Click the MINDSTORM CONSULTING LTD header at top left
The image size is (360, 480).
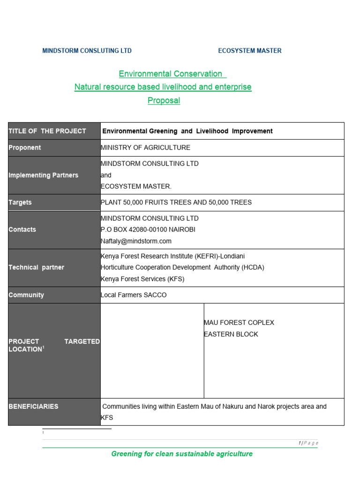pos(87,51)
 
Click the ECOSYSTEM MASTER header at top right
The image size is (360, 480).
pos(249,51)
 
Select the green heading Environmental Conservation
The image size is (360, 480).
pos(171,74)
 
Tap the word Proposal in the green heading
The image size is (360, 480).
pos(164,100)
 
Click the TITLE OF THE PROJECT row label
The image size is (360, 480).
pos(47,131)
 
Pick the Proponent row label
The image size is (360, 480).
pos(25,148)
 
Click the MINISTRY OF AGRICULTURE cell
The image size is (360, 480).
pos(146,148)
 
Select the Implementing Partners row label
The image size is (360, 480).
pos(44,175)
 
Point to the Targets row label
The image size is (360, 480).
pos(20,202)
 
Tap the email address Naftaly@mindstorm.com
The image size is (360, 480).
pos(136,241)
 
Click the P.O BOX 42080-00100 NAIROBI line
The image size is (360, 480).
pos(148,230)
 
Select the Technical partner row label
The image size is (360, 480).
pos(37,268)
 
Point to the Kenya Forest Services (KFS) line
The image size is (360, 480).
pos(142,279)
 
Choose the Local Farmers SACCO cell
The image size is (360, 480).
pos(134,295)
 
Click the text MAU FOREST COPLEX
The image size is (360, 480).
pos(239,322)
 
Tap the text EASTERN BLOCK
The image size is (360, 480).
pos(231,334)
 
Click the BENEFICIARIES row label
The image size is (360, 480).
pos(34,406)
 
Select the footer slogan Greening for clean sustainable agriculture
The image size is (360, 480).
pos(182,454)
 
